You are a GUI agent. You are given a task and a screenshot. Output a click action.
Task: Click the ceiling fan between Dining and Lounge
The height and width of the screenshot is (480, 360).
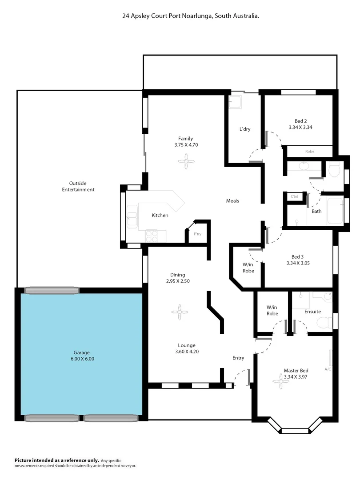point(180,312)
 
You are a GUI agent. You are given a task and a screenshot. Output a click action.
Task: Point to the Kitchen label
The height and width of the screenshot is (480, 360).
point(160,216)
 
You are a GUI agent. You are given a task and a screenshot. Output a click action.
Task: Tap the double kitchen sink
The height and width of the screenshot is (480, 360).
point(132,216)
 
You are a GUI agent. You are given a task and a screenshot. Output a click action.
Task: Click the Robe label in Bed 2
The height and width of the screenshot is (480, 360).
point(309,152)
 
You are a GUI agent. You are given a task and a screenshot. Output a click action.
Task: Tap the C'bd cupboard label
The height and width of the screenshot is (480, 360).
point(294,196)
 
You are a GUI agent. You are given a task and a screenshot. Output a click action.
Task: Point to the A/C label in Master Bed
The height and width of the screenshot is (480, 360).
point(328,369)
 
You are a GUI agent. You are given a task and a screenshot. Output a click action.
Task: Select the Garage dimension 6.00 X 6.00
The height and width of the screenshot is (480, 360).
point(82,359)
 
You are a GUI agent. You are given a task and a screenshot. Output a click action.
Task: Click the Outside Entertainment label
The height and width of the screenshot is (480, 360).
point(78,186)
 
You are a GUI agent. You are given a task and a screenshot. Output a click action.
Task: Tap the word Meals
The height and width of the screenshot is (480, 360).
point(232,201)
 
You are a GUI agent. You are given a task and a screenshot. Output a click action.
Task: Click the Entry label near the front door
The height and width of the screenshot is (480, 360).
point(238,358)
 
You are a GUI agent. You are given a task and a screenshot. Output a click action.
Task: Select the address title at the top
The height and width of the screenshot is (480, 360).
point(191,16)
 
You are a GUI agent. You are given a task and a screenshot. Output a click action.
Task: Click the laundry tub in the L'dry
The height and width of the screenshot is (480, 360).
point(235,103)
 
